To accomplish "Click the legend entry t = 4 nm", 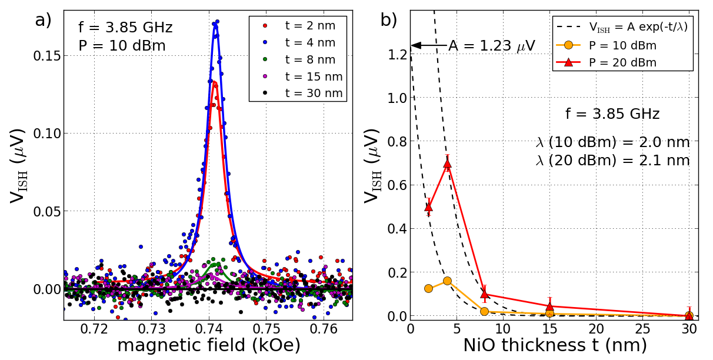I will [x=309, y=42].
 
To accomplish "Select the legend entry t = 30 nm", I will [x=309, y=93].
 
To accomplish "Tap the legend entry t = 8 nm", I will [x=309, y=59].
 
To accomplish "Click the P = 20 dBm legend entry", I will [x=622, y=62].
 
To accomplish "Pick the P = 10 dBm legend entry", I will [x=622, y=45].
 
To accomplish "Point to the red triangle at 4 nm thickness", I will [x=447, y=164].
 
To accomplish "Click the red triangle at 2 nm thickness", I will [x=429, y=206].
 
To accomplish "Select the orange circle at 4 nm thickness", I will [x=447, y=281].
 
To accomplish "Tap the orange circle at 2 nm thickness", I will [x=429, y=288].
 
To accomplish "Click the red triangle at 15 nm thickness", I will [x=549, y=306].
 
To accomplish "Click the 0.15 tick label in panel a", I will [x=47, y=55].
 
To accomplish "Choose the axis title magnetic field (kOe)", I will [x=209, y=345].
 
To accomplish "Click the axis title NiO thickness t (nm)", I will [x=555, y=345].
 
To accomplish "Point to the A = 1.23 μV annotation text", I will [x=492, y=46].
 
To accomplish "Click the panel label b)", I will [x=389, y=20].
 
